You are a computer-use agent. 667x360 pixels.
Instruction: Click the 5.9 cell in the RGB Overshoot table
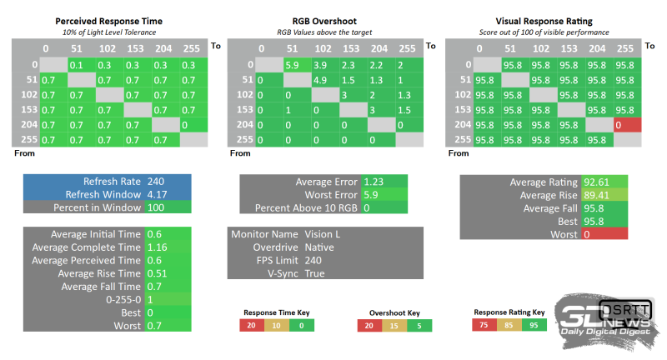pyautogui.click(x=292, y=64)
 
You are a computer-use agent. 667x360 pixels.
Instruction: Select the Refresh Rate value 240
pyautogui.click(x=156, y=181)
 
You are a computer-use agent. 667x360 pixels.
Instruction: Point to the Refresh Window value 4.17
pyautogui.click(x=156, y=194)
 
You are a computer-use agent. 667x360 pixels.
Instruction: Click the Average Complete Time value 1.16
pyautogui.click(x=156, y=247)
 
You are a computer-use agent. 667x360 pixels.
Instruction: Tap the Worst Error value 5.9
pyautogui.click(x=372, y=194)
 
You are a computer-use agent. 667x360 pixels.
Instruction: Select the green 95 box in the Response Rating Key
pyautogui.click(x=534, y=325)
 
